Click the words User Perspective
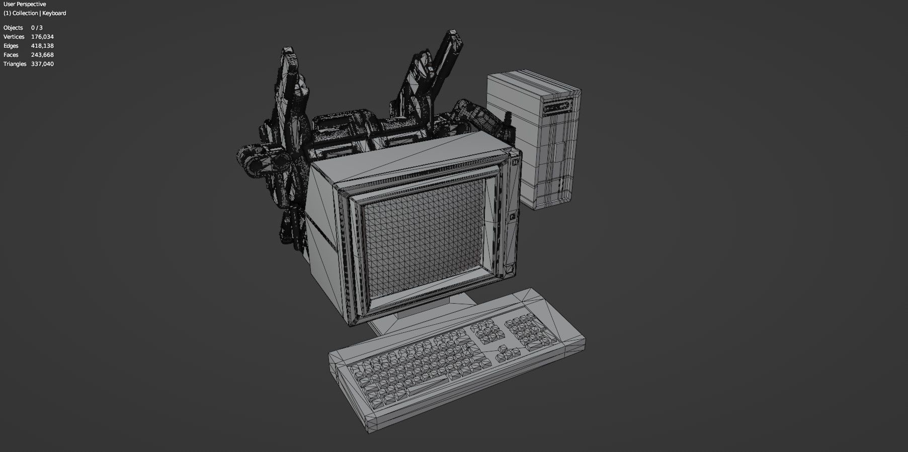24,4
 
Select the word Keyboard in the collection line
54,13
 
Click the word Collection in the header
25,13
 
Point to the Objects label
13,28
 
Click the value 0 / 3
37,28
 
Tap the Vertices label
14,37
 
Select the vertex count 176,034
42,37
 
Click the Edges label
11,46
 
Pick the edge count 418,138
42,46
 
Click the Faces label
11,55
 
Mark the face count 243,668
42,55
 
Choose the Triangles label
15,64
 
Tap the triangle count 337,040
42,64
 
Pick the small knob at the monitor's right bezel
513,217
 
